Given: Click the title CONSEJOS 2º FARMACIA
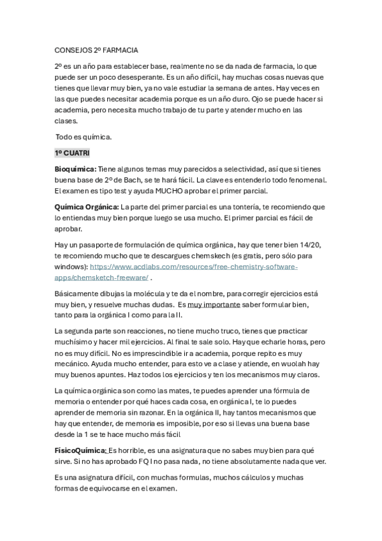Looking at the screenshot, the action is pos(96,49).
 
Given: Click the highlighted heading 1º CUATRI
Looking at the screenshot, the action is pos(72,153).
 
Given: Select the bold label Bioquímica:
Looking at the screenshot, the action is pos(75,169).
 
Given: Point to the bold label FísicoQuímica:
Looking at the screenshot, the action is pos(80,450).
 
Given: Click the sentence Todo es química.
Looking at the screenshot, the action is pos(84,137).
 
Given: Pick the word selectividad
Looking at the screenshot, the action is pos(228,169).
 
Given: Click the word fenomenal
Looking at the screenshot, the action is pos(305,180).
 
